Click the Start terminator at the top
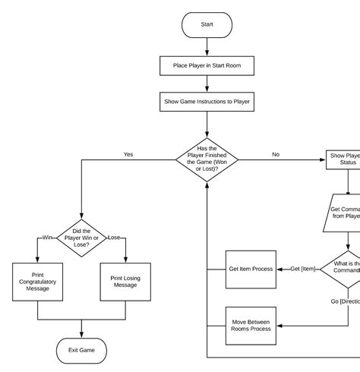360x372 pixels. pyautogui.click(x=207, y=24)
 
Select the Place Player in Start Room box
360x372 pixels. pyautogui.click(x=207, y=66)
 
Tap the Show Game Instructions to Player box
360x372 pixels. pyautogui.click(x=207, y=101)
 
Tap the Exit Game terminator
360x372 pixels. pyautogui.click(x=81, y=351)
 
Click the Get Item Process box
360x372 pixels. pyautogui.click(x=251, y=269)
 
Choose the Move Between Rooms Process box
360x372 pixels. pyautogui.click(x=251, y=326)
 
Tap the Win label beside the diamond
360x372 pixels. pyautogui.click(x=47, y=237)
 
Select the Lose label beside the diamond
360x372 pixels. pyautogui.click(x=114, y=237)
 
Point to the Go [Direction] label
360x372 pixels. pyautogui.click(x=345, y=301)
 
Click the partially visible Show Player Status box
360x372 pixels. pyautogui.click(x=343, y=159)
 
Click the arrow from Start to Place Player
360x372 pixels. pyautogui.click(x=207, y=46)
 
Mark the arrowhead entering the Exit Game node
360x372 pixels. pyautogui.click(x=81, y=335)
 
